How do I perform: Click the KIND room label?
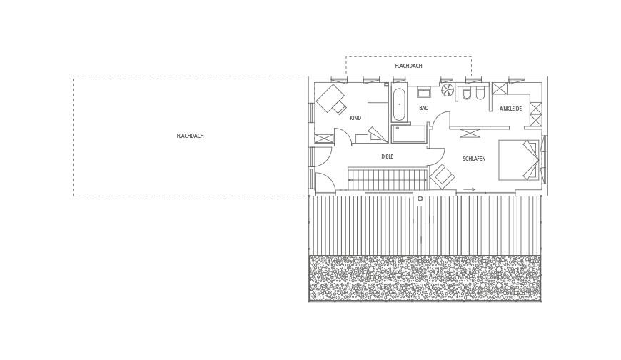[355, 118]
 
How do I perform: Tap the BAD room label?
[424, 108]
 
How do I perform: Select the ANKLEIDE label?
[510, 109]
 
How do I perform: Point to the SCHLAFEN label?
[474, 159]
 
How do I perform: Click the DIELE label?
[388, 156]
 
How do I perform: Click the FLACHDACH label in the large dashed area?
[190, 136]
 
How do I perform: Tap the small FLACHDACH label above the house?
[408, 66]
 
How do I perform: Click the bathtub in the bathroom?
[399, 104]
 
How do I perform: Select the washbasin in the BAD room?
[423, 91]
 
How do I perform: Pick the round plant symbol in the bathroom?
[448, 89]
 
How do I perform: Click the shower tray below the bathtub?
[408, 134]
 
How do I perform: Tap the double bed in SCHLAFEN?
[518, 160]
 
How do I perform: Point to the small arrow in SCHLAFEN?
[469, 189]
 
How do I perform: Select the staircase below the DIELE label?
[388, 179]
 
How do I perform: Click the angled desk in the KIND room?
[329, 99]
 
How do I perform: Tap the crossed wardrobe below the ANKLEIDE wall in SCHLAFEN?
[470, 134]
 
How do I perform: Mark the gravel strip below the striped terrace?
[425, 278]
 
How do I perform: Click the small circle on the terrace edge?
[420, 199]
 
